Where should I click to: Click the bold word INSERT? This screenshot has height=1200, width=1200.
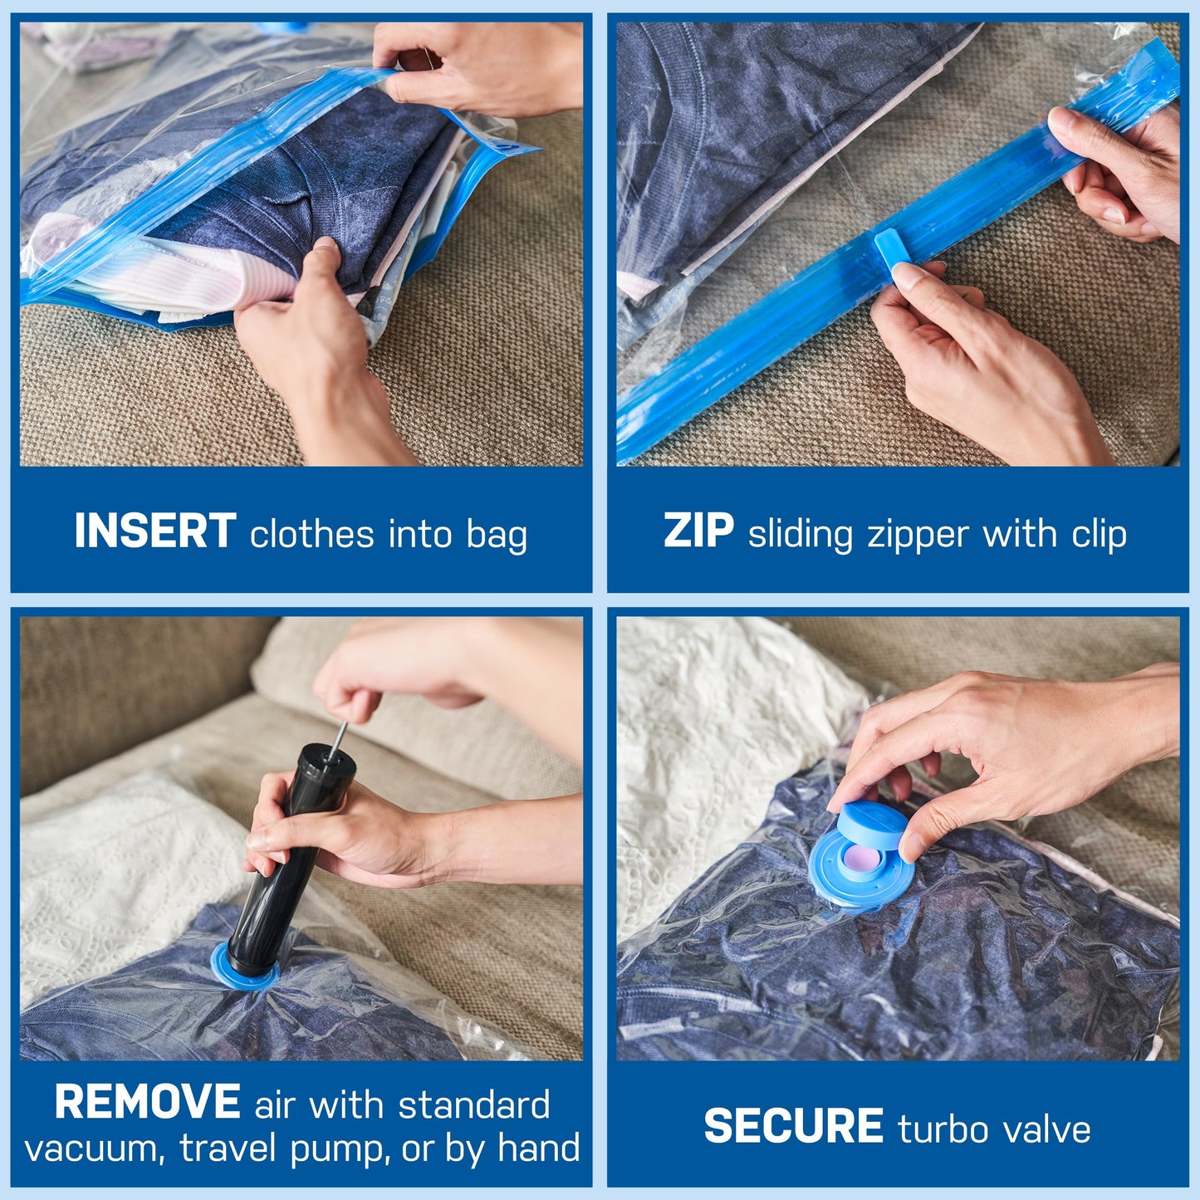pyautogui.click(x=155, y=531)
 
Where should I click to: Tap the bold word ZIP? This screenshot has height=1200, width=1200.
pyautogui.click(x=698, y=531)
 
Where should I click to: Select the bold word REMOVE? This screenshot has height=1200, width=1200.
pyautogui.click(x=147, y=1103)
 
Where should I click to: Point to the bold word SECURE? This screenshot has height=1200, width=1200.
pyautogui.click(x=793, y=1127)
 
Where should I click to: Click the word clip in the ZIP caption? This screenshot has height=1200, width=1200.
pyautogui.click(x=1099, y=535)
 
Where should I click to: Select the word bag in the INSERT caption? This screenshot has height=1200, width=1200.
pyautogui.click(x=497, y=535)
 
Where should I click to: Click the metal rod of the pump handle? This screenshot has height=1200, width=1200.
pyautogui.click(x=338, y=738)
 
